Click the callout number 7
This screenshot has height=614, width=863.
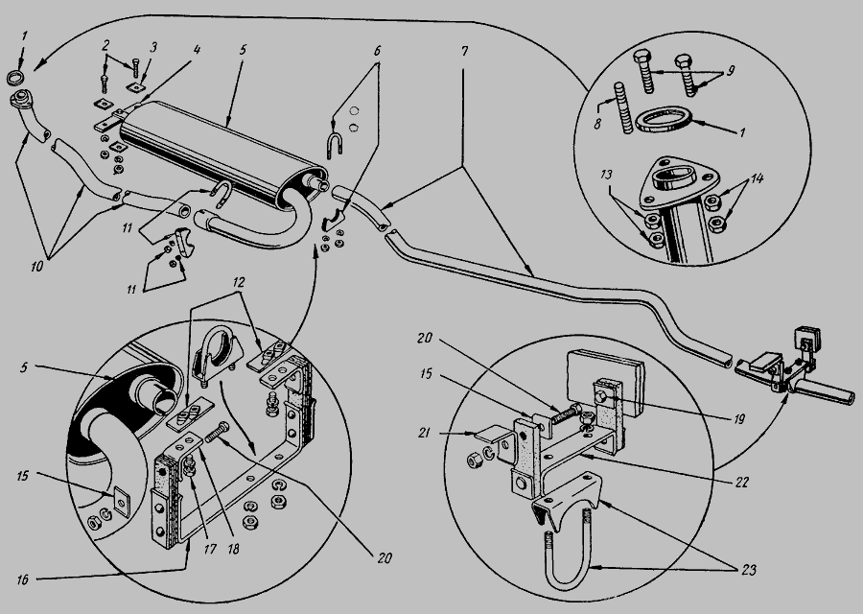click(464, 51)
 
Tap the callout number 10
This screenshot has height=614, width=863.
click(36, 267)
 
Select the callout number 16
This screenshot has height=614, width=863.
click(23, 579)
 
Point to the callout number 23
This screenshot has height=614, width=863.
click(749, 570)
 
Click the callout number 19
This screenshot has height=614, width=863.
click(739, 419)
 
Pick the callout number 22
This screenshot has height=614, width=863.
click(742, 482)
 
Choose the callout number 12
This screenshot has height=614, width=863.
click(239, 282)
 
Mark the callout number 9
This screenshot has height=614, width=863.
click(730, 70)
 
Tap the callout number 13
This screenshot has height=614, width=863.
click(606, 176)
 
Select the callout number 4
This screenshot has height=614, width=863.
click(197, 50)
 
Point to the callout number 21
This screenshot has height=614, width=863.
click(423, 433)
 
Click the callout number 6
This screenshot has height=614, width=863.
click(377, 51)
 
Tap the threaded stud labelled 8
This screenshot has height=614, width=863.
click(622, 108)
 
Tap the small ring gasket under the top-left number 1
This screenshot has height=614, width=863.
click(15, 77)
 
